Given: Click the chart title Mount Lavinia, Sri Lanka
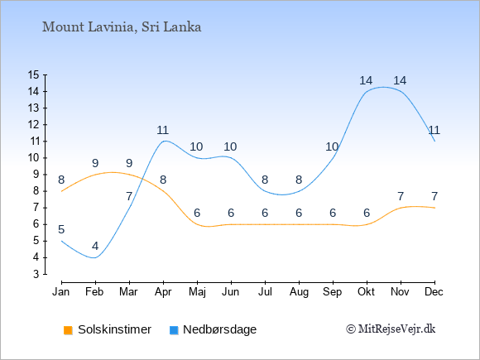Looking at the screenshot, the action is (x=122, y=27).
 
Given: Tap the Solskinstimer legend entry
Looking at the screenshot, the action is (x=108, y=329).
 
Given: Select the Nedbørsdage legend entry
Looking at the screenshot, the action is (x=213, y=329).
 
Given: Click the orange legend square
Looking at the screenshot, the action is (x=68, y=330).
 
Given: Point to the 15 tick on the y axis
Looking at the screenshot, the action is (x=34, y=74).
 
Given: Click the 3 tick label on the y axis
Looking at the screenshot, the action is (x=36, y=274).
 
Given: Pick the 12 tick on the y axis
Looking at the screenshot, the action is (x=34, y=125).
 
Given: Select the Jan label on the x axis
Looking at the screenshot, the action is (x=61, y=292).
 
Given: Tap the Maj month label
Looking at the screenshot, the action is (x=197, y=292).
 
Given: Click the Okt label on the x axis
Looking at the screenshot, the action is (x=366, y=292).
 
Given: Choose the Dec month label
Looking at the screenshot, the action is (x=434, y=292).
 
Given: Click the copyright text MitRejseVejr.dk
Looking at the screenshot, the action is (x=391, y=329).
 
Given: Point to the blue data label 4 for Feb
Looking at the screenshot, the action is (x=95, y=246).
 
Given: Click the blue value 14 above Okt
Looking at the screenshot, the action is (x=366, y=80).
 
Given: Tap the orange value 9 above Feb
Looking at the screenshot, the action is (x=95, y=163).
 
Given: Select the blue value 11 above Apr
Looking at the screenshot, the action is (x=162, y=130).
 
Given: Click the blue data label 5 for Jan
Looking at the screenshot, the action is (x=61, y=229).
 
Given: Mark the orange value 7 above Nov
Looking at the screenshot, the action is (x=401, y=196).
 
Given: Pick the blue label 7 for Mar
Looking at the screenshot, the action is (x=129, y=196).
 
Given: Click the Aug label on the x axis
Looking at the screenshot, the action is (x=299, y=292).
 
